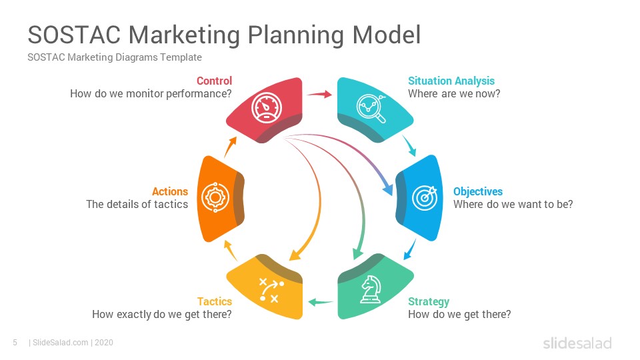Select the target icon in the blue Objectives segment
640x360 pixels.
pos(425,198)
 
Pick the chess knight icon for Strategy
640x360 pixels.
pos(371,289)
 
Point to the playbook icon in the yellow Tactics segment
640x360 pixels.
pos(271,290)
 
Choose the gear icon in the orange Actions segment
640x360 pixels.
pos(215,197)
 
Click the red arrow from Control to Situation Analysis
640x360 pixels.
pos(319,94)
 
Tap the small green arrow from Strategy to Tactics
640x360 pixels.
pos(321,303)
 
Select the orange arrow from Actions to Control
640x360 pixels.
pos(230,147)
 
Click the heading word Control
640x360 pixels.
pos(214,81)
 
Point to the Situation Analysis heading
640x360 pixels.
pos(451,81)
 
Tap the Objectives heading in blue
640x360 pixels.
pos(477,191)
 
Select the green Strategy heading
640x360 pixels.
pos(429,301)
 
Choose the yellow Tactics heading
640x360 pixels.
pos(215,301)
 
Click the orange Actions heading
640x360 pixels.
pos(170,191)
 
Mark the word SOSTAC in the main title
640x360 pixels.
pos(74,35)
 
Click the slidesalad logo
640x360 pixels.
pos(577,343)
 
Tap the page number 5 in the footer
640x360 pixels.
pos(15,343)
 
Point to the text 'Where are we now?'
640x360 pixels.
pos(454,94)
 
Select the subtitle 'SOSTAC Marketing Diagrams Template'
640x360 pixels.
pos(115,57)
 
